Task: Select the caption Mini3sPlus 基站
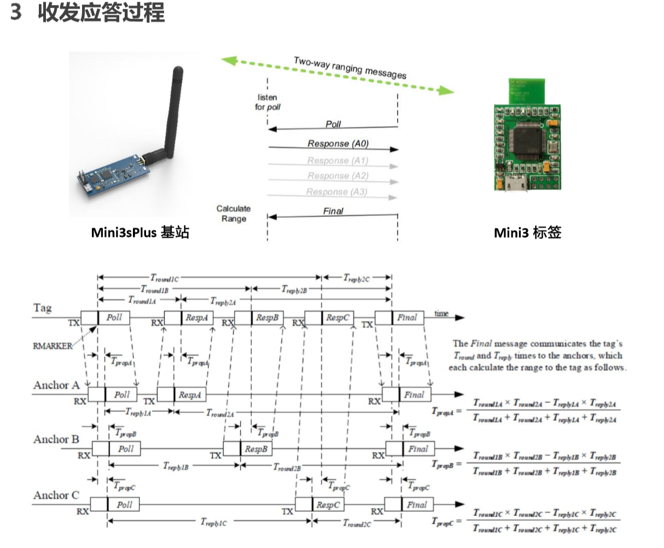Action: pos(140,233)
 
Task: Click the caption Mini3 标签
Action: pos(527,233)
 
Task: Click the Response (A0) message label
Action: pos(337,144)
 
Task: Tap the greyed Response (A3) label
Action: pos(336,192)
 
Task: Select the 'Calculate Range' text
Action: pos(234,214)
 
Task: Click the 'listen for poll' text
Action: pos(267,102)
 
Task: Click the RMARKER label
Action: pos(52,346)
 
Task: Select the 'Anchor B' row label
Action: pos(56,439)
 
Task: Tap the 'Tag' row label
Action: pos(43,308)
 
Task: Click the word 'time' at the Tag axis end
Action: pos(441,313)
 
